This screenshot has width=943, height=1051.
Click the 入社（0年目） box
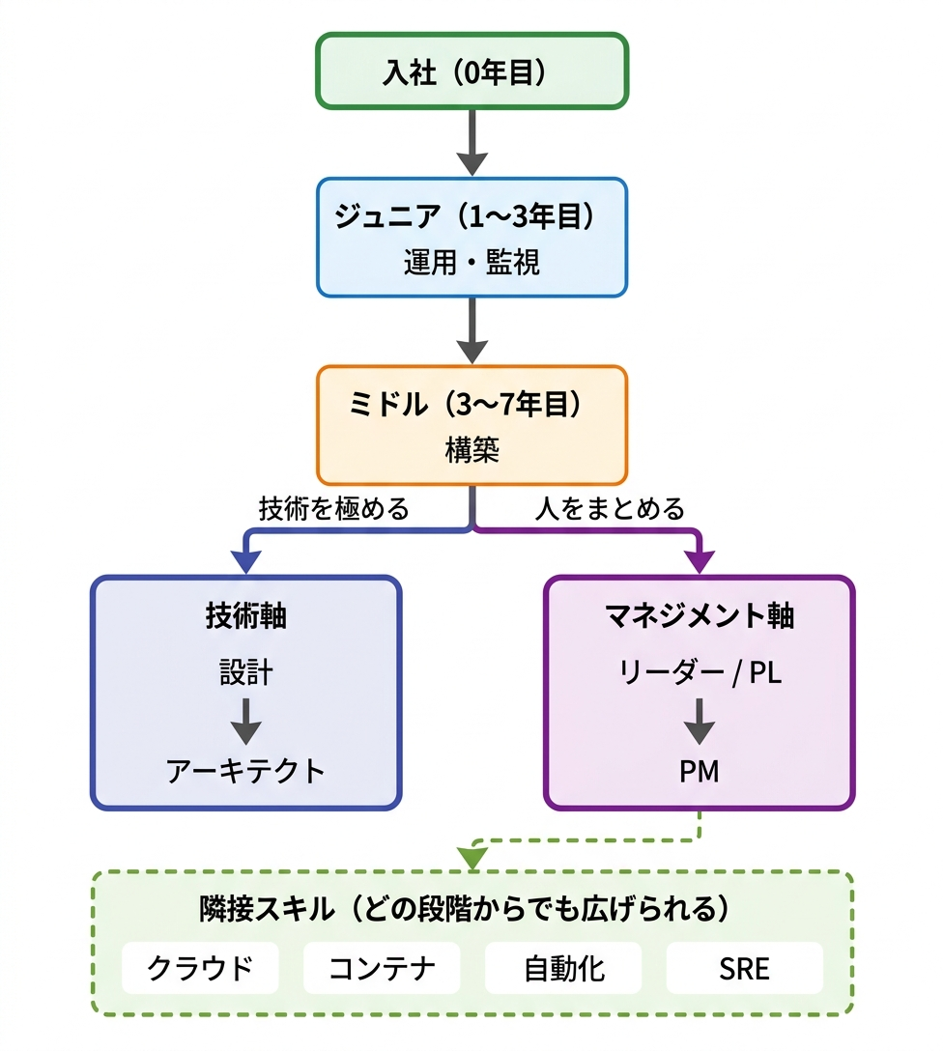471,71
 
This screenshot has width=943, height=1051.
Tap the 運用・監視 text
471,263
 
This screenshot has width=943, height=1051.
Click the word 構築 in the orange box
471,450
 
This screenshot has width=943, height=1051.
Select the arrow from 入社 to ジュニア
471,142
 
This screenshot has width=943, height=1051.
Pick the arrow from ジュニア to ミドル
471,329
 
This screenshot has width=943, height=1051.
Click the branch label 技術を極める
334,508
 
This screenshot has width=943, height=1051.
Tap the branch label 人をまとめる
610,508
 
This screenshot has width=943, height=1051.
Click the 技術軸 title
245,616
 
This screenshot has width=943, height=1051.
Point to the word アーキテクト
245,771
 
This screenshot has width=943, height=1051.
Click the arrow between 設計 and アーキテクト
245,721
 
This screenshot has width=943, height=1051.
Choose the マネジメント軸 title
699,616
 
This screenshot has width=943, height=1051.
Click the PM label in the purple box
699,771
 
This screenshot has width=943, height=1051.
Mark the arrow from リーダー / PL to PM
699,721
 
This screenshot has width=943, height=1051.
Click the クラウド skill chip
200,968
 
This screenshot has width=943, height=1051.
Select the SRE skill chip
744,968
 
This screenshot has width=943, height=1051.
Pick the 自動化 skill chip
563,968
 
